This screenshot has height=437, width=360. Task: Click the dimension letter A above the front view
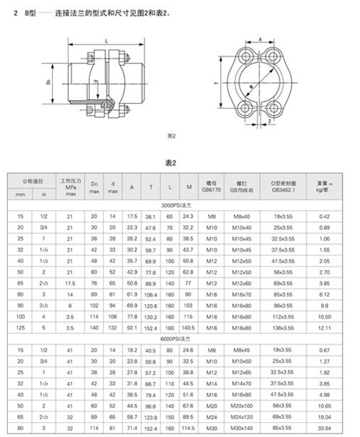[260, 40]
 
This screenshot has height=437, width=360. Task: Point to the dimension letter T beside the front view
[216, 84]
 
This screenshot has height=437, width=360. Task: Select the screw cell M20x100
[242, 403]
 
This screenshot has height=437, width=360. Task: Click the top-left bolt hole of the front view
[241, 57]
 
